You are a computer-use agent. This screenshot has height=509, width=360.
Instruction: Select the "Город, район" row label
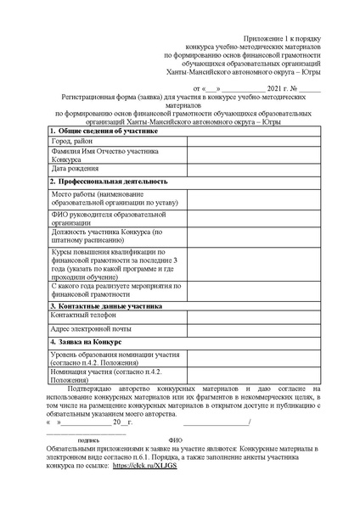[74, 141]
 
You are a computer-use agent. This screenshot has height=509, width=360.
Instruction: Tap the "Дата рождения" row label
[77, 169]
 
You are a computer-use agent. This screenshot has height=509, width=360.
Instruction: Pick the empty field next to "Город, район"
[251, 141]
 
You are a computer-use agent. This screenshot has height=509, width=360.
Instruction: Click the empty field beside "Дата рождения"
[251, 169]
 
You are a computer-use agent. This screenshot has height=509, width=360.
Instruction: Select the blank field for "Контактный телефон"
[251, 315]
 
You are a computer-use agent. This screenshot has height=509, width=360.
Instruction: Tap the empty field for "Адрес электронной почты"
[251, 328]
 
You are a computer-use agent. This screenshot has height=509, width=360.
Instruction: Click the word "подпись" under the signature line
[88, 440]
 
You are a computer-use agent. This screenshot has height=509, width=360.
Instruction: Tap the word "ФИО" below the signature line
[175, 440]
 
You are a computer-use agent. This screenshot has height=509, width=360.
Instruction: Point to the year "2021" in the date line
[253, 87]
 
